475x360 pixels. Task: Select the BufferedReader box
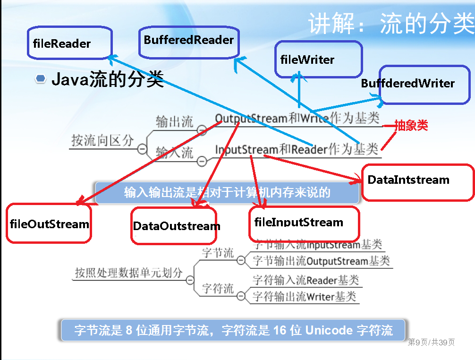click(x=189, y=40)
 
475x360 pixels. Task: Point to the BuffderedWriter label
click(x=407, y=84)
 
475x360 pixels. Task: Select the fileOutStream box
click(x=49, y=223)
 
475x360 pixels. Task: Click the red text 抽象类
click(x=411, y=126)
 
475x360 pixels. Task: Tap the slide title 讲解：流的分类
click(x=391, y=23)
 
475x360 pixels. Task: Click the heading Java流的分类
click(x=107, y=79)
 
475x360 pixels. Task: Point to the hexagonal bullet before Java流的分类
click(x=41, y=79)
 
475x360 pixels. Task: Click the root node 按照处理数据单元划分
click(x=128, y=273)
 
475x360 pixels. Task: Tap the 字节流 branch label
click(x=218, y=253)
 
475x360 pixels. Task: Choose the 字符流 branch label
click(x=218, y=288)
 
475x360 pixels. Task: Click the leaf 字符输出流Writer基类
click(x=305, y=297)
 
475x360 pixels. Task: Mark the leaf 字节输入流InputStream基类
click(x=317, y=245)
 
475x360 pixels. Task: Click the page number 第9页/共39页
click(x=431, y=342)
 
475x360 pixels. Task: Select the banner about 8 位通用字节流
click(x=233, y=330)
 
